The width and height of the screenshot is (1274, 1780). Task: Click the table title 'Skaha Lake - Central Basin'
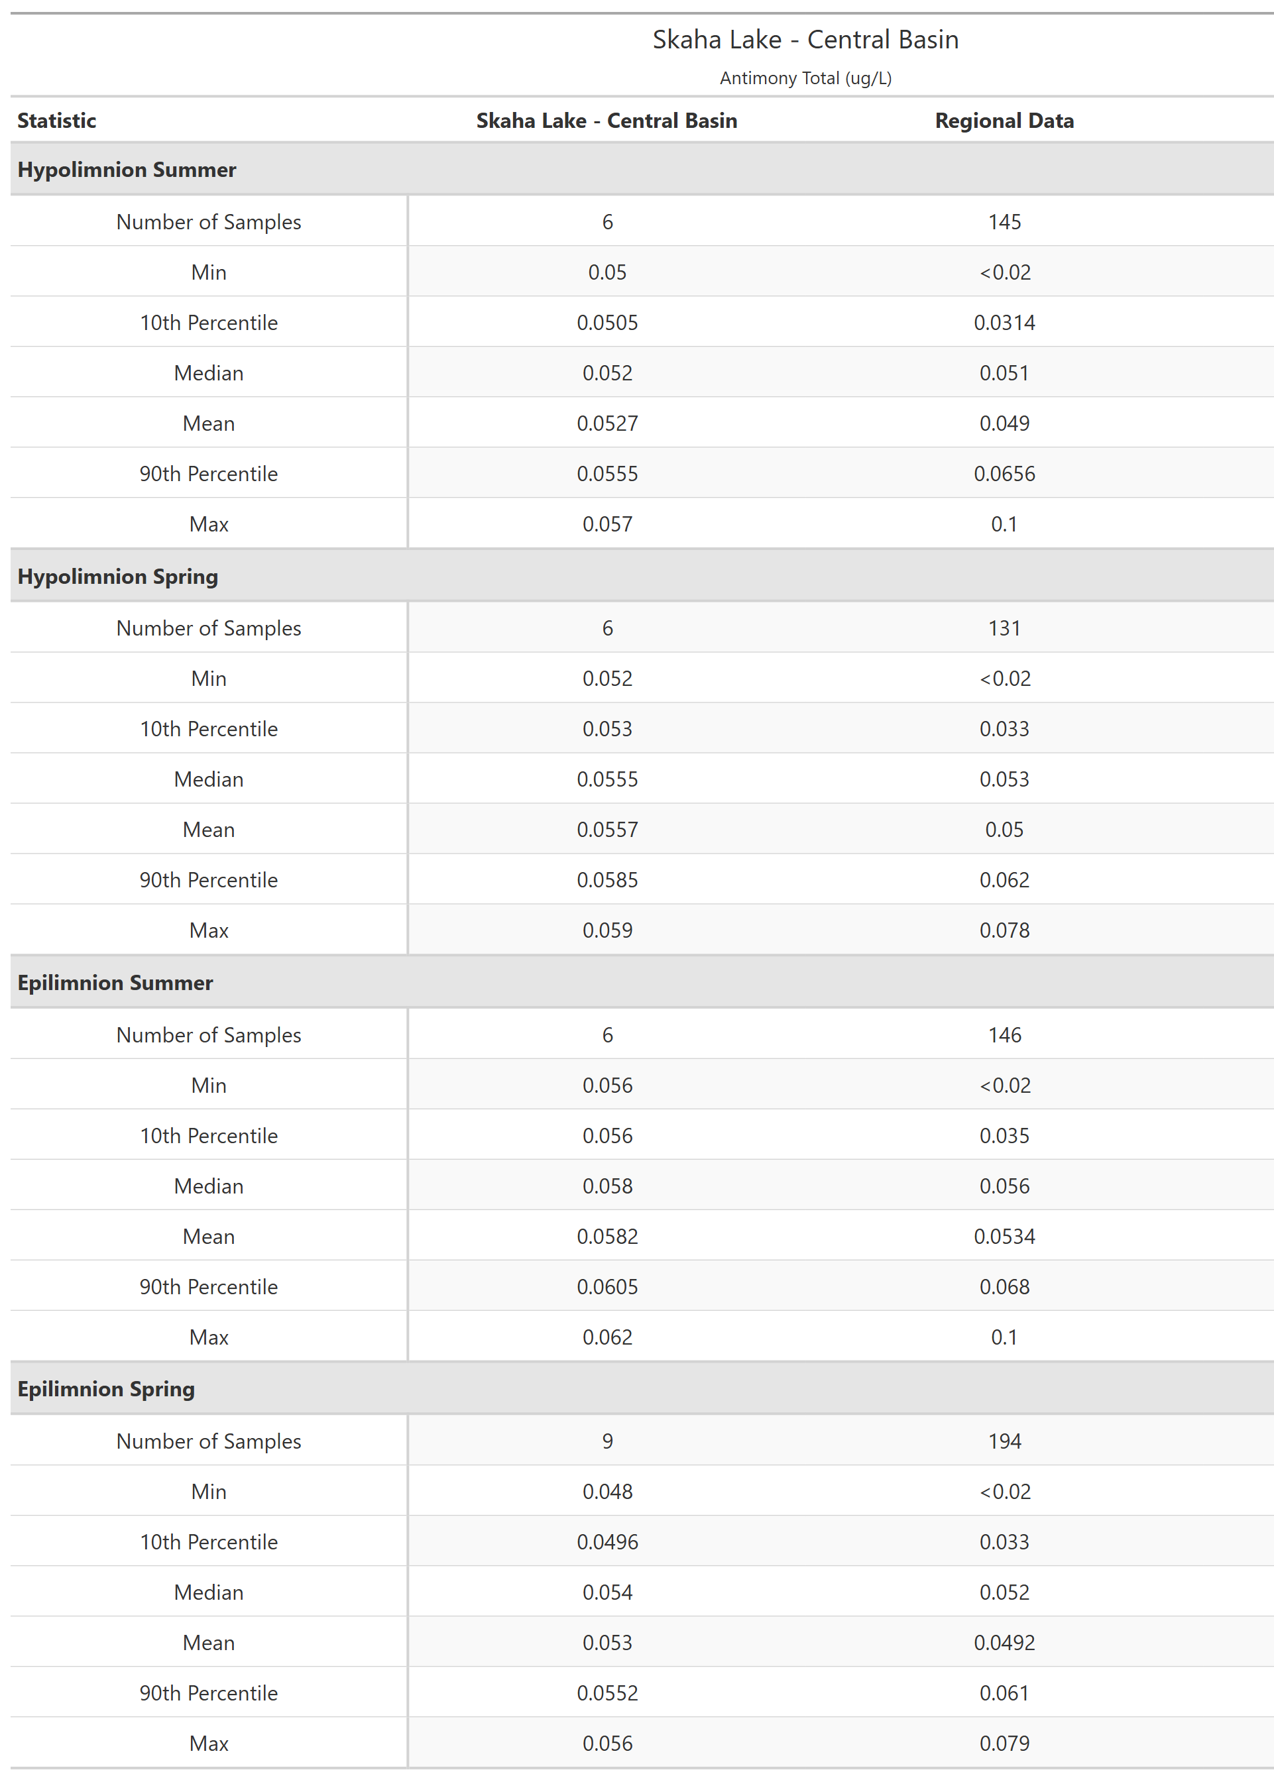coord(805,40)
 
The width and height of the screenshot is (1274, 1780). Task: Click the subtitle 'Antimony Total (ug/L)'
coord(805,78)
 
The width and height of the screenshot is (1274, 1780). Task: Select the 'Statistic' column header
coord(56,121)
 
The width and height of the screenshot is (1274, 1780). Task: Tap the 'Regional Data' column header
coord(1004,121)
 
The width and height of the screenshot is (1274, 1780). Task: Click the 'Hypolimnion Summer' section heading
coord(127,170)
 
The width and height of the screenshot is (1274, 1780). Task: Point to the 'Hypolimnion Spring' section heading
coord(118,577)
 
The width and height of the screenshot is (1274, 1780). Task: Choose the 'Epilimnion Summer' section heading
coord(115,983)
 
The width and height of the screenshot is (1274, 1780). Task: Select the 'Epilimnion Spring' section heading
coord(106,1389)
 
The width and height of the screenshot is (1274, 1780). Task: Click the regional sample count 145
coord(1004,222)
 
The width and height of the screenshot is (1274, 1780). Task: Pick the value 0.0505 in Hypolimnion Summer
coord(607,323)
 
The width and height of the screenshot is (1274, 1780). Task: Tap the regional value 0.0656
coord(1004,474)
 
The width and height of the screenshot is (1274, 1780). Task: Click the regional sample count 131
coord(1004,628)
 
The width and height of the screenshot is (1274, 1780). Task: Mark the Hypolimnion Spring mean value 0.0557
coord(607,830)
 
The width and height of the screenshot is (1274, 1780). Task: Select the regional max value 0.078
coord(1004,931)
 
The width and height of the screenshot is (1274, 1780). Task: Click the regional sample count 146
coord(1004,1035)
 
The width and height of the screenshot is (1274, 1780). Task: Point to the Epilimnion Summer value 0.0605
coord(607,1287)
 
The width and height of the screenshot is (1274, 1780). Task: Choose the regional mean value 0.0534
coord(1004,1237)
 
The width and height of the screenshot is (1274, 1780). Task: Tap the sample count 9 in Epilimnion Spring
coord(607,1441)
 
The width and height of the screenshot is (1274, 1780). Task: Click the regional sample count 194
coord(1004,1441)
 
